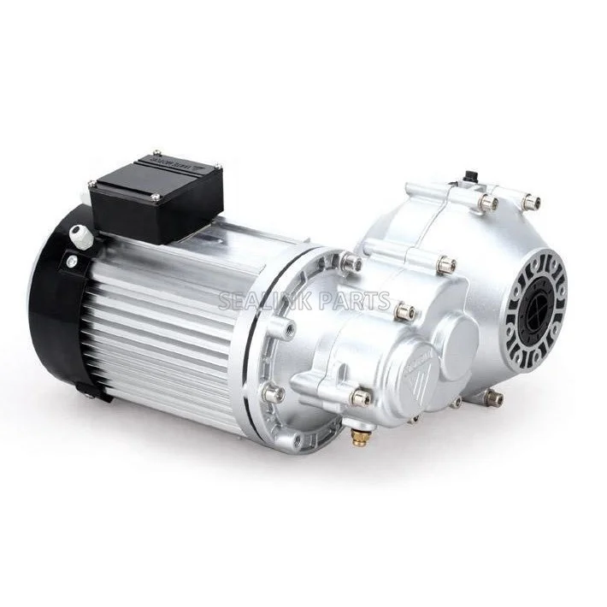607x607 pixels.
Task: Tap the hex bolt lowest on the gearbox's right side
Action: click(492, 397)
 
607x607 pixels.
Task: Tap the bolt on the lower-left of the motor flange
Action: click(274, 395)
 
